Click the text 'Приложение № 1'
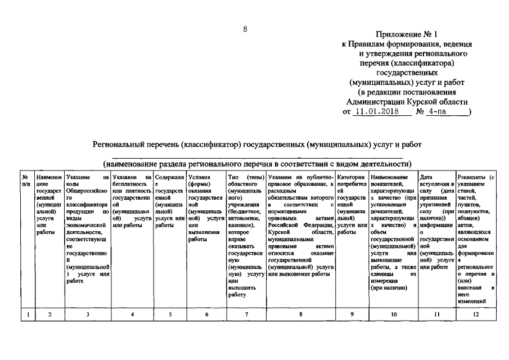(407, 34)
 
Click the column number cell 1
(27, 314)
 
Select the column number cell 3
(88, 314)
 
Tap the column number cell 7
(246, 314)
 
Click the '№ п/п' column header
(26, 181)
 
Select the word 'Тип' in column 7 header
(234, 178)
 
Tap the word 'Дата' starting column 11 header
(426, 178)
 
